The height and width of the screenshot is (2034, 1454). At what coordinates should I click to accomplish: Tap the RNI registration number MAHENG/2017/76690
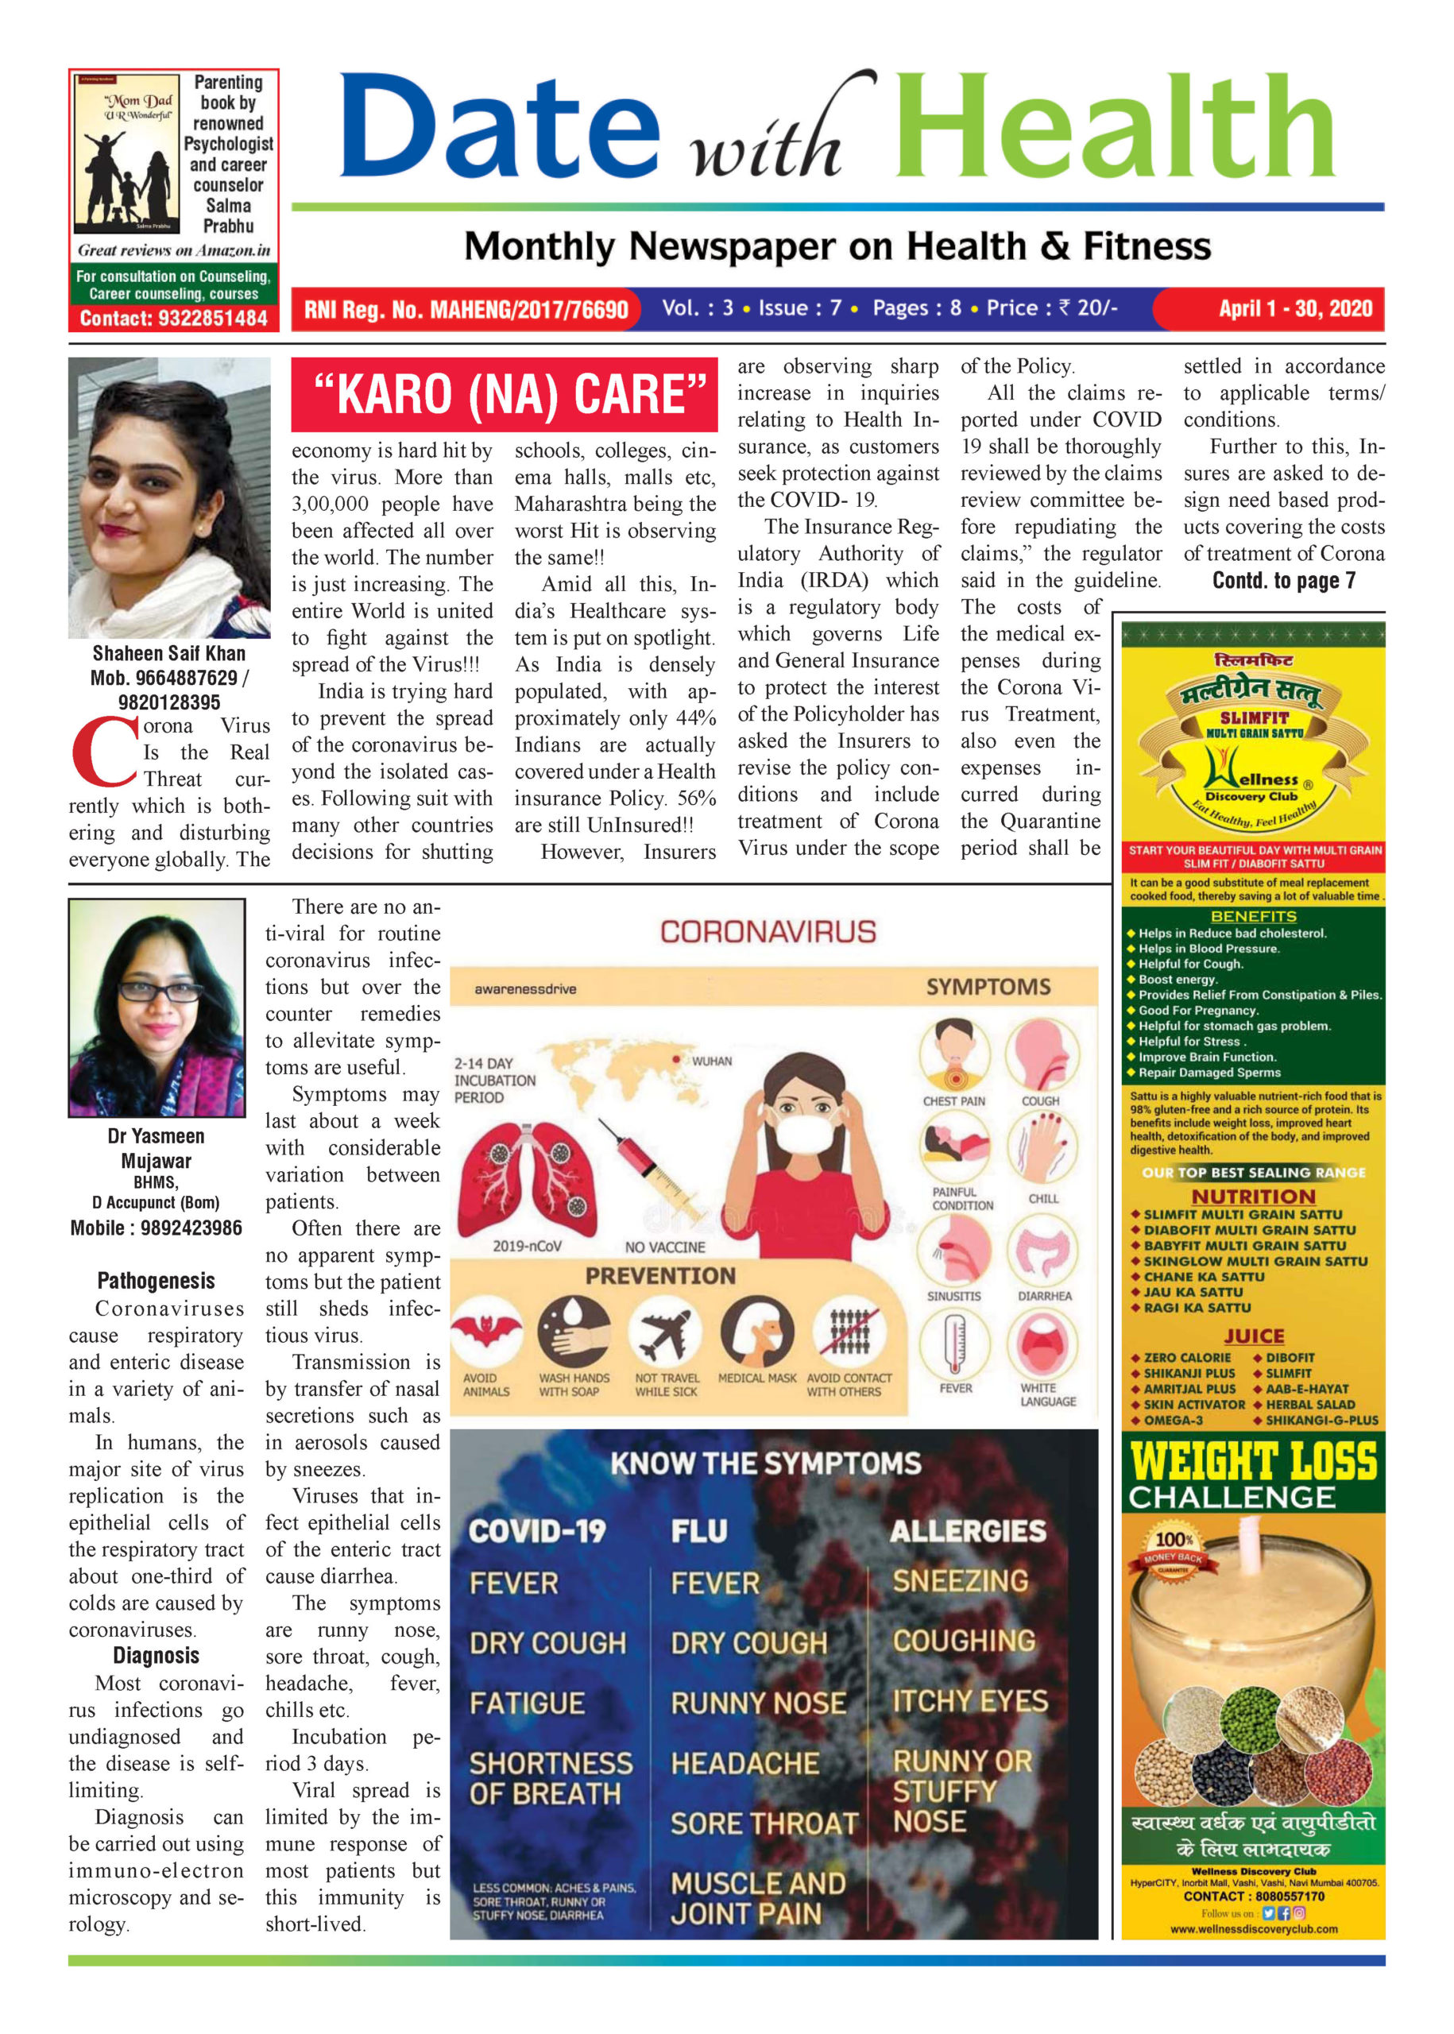click(529, 310)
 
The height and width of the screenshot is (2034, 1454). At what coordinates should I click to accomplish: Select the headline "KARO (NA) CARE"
click(504, 394)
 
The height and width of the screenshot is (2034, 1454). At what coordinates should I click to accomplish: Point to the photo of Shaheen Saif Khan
click(169, 497)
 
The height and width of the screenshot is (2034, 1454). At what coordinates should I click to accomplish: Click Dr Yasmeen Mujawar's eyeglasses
click(160, 991)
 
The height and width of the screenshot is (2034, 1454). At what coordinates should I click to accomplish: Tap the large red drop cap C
click(104, 750)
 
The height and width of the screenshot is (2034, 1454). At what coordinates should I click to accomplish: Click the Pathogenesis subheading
click(156, 1280)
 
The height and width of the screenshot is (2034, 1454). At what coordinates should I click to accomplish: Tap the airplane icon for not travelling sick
click(665, 1332)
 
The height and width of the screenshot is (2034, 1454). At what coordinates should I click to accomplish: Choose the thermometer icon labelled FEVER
click(954, 1344)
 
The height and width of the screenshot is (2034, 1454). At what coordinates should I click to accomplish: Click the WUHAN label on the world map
click(711, 1061)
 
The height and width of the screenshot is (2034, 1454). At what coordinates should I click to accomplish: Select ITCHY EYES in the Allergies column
click(969, 1701)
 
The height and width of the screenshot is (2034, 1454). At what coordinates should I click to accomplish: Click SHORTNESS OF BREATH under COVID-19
click(550, 1778)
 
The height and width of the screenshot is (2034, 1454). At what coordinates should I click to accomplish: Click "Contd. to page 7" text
click(1283, 581)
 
